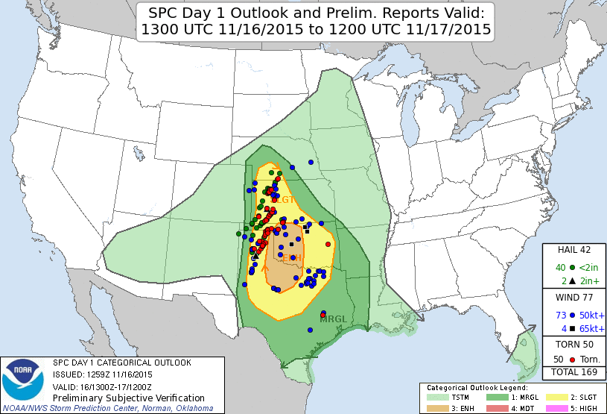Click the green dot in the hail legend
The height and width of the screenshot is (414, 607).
pos(571,268)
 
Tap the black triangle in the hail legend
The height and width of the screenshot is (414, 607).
pos(571,281)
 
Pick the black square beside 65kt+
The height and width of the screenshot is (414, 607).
pos(571,329)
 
